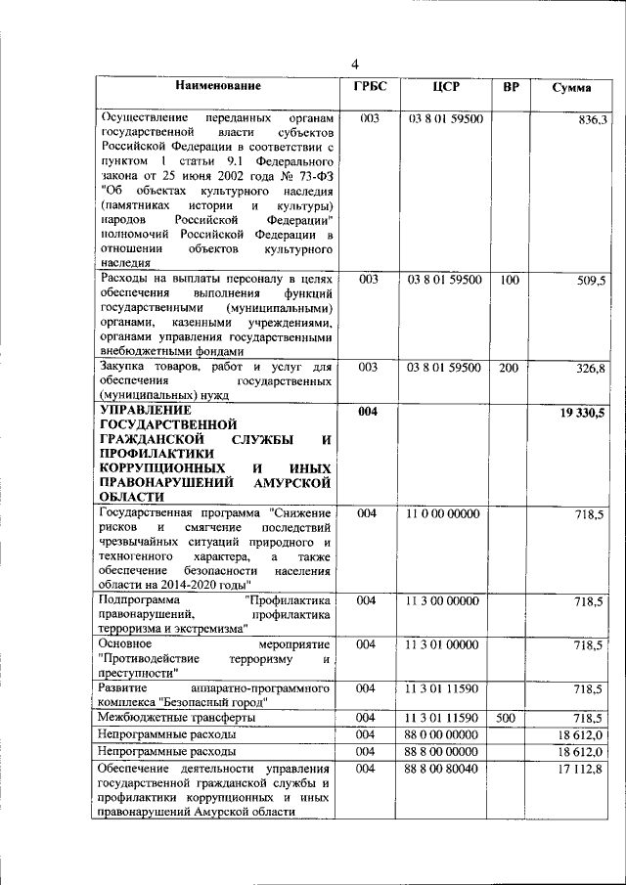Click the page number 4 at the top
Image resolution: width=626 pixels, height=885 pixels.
[x=356, y=65]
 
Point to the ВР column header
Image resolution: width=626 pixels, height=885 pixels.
[x=510, y=87]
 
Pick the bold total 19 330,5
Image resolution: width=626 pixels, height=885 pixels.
[x=582, y=414]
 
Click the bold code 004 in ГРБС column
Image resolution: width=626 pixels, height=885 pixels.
[x=368, y=413]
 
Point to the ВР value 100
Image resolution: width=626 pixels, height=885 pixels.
[x=509, y=280]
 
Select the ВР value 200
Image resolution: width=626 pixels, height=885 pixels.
[x=509, y=368]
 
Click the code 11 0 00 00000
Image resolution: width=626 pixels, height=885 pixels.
[x=445, y=513]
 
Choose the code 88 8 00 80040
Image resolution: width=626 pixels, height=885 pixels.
[x=445, y=771]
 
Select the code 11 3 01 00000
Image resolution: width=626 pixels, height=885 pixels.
[x=445, y=644]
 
